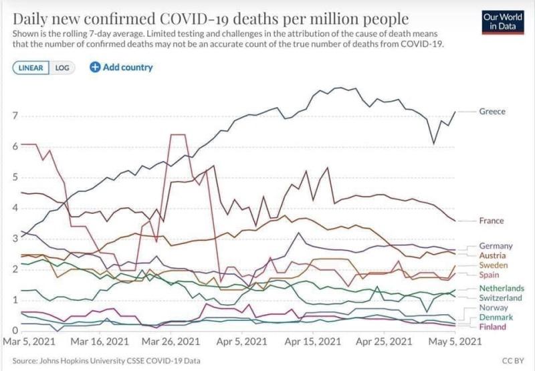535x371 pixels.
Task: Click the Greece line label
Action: tap(492, 112)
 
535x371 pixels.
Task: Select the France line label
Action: tap(492, 221)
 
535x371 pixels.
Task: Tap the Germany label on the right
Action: tap(496, 246)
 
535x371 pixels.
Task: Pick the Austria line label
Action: tap(493, 255)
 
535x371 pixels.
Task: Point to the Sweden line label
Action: tap(494, 265)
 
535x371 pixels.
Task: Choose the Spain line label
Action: tap(491, 275)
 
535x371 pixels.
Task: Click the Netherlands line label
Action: tap(501, 287)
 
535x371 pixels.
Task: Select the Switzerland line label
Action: tap(501, 297)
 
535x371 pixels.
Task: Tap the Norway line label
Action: tap(494, 307)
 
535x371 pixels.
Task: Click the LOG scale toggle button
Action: tap(62, 68)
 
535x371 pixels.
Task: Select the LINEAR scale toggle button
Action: tap(30, 68)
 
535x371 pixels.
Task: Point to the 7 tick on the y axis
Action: tap(15, 116)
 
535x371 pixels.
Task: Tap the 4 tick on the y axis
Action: tap(15, 208)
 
